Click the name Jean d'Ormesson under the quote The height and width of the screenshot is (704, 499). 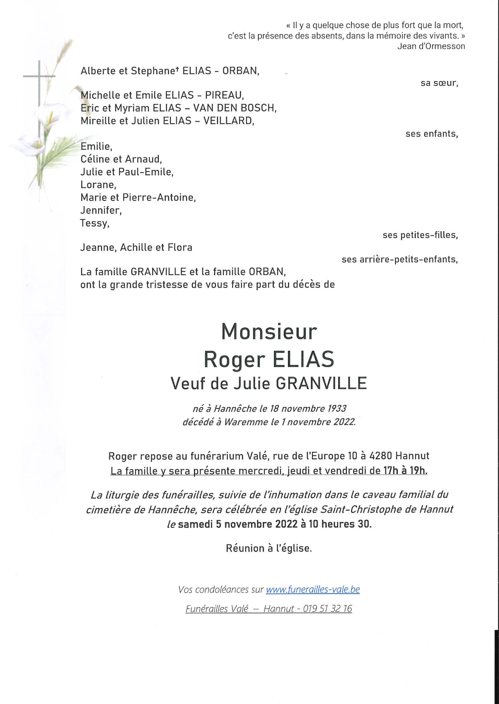(x=431, y=46)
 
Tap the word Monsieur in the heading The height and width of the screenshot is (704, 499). (x=269, y=332)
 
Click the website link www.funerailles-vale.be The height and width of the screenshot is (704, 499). (x=313, y=589)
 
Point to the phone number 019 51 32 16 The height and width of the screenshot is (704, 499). (x=327, y=609)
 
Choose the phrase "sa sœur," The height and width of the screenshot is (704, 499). (x=439, y=83)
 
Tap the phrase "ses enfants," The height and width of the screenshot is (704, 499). (x=432, y=134)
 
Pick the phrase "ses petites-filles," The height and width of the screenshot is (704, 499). (x=420, y=235)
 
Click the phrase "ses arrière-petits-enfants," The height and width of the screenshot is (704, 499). (x=400, y=259)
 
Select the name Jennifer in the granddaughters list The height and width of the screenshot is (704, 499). (x=100, y=210)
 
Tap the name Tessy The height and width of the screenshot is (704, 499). (x=94, y=223)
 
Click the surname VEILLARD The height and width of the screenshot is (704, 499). (x=228, y=121)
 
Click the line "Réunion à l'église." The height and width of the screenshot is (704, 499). (x=269, y=548)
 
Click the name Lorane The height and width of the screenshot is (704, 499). (x=98, y=185)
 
